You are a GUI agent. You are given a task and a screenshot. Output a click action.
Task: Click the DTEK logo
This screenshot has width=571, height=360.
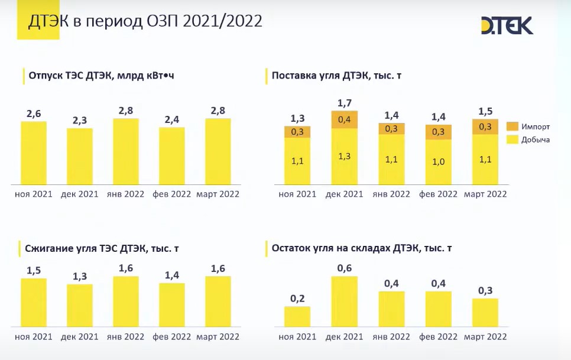coord(507,25)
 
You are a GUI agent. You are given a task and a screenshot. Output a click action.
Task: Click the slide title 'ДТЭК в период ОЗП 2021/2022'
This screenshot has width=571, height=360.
coord(145,21)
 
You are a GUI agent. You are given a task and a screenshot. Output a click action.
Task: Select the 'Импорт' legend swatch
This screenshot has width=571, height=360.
coord(512,127)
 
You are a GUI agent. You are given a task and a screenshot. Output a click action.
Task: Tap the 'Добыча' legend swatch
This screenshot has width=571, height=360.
coord(512,140)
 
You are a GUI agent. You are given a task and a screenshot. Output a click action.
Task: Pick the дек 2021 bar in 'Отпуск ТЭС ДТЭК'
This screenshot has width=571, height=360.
coord(80,157)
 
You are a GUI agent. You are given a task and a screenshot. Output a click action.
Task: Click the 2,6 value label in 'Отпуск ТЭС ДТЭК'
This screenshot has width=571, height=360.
coord(34,114)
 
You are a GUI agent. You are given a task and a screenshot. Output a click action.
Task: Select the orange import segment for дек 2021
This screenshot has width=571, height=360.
coord(344,119)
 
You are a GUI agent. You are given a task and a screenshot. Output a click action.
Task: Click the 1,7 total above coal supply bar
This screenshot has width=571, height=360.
coord(345,103)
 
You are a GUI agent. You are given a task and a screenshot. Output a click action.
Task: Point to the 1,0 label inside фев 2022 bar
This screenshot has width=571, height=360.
coord(439,161)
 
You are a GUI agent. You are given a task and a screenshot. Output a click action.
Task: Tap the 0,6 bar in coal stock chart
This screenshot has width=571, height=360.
coord(344,301)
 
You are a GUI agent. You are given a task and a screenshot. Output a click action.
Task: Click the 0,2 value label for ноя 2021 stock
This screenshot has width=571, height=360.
coord(297,299)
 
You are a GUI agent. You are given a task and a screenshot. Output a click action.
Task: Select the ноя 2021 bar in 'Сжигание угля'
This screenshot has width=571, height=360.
coord(34,303)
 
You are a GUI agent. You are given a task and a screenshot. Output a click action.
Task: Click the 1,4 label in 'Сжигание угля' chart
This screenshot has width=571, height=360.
coord(172,275)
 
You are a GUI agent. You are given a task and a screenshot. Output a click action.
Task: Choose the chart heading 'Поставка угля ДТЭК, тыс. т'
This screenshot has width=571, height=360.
coord(336,76)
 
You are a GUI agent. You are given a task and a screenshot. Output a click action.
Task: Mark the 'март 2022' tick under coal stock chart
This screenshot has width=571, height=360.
coord(485,337)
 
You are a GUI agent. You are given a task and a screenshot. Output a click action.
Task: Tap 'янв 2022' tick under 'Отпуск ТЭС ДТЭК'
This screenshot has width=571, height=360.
coord(126,194)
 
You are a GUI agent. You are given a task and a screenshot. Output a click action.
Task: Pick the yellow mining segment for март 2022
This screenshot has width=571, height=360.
coord(485,160)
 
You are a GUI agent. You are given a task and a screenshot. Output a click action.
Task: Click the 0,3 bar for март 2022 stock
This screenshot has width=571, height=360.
coord(485,313)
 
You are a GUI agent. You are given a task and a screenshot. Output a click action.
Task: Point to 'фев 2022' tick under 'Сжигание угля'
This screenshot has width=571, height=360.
coord(172,337)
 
